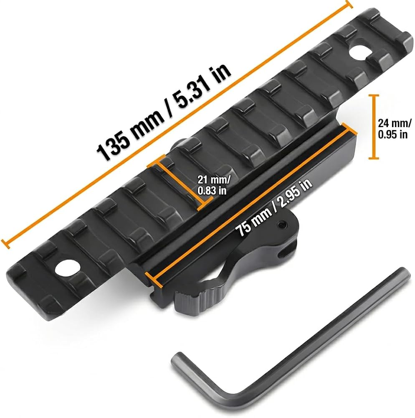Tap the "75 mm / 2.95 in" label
coord(274,207)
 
